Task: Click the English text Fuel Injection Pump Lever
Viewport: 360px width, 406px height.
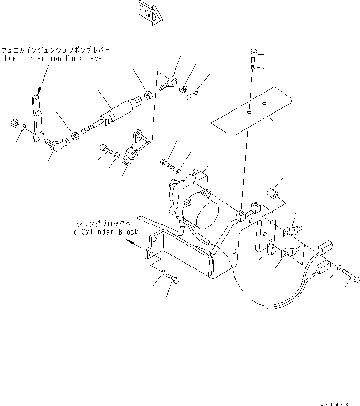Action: click(x=54, y=58)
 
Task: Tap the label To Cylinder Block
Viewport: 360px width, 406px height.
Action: click(x=103, y=232)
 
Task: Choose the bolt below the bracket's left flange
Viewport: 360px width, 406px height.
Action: click(x=174, y=279)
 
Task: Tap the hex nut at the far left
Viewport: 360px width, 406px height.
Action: click(x=14, y=123)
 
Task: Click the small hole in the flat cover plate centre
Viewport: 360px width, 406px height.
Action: click(x=249, y=113)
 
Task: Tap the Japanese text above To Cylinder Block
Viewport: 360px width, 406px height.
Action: click(x=105, y=224)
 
